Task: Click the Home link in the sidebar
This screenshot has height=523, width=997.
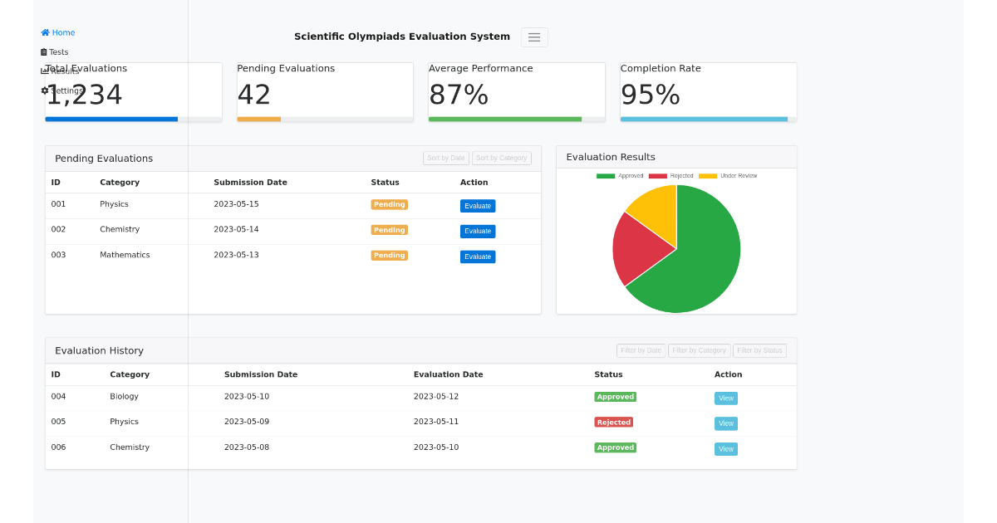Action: [x=58, y=33]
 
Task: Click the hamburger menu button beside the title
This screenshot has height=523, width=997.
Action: [x=534, y=37]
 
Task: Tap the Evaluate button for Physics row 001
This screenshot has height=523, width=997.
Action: [x=478, y=206]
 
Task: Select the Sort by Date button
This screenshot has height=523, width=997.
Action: [x=446, y=158]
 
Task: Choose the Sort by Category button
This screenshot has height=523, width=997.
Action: [x=501, y=158]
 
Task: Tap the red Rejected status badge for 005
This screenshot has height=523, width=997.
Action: [x=613, y=422]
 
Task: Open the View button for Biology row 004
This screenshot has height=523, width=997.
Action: [x=725, y=398]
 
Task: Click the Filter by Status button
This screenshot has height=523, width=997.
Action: [x=759, y=350]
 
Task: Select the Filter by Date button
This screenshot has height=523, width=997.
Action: [x=641, y=350]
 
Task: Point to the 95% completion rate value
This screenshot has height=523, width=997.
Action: [x=650, y=95]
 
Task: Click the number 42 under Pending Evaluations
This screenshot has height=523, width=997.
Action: [x=254, y=95]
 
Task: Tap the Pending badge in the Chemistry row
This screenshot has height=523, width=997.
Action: [x=389, y=230]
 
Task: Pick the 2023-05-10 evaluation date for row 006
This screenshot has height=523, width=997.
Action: [x=436, y=447]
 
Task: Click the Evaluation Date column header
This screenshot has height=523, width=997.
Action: [x=448, y=374]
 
